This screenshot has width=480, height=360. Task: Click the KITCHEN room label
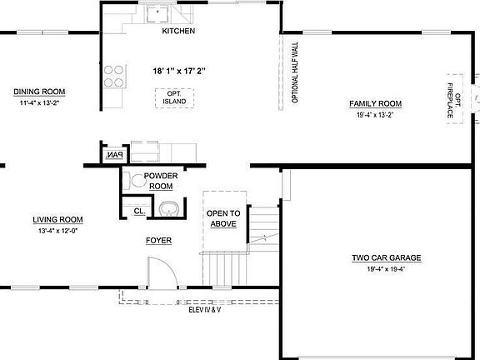tap(178, 32)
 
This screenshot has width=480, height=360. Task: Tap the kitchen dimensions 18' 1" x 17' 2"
tap(179, 71)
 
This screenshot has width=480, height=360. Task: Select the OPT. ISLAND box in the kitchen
tap(174, 97)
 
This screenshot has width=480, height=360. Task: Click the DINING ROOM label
tap(39, 92)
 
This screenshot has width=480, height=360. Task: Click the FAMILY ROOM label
tap(375, 104)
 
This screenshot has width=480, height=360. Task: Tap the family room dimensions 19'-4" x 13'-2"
tap(375, 115)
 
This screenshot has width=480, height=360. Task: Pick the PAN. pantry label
tap(113, 155)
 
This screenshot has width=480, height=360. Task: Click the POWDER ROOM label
tap(161, 181)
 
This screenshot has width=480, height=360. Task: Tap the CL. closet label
tap(139, 212)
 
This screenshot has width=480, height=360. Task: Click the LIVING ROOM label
tap(57, 220)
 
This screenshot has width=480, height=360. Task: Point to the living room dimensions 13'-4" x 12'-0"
tap(57, 231)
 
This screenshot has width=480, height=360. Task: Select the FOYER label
tap(158, 240)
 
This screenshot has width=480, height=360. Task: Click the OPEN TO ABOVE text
tap(223, 218)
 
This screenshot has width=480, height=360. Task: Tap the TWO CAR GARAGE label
tap(386, 258)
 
